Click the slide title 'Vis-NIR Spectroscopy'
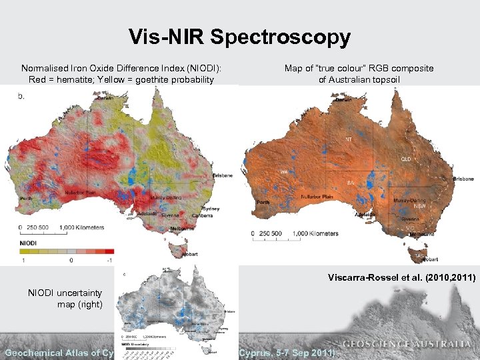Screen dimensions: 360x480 [x=239, y=37]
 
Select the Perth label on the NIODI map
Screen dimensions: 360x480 [x=27, y=199]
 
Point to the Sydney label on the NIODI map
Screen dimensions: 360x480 [x=210, y=208]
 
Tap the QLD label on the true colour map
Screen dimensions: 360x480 [x=405, y=159]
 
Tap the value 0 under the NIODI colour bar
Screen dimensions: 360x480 [x=71, y=261]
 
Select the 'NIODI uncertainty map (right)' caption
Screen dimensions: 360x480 [x=65, y=299]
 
